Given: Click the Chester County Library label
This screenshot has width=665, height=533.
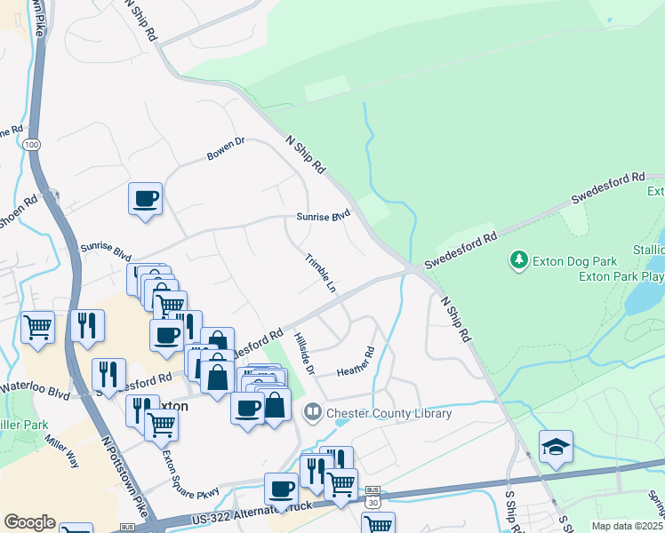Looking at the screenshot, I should point(389,413).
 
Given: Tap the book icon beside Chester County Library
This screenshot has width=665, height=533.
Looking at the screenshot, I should point(312,412).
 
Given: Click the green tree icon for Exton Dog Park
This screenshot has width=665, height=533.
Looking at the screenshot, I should point(518,260).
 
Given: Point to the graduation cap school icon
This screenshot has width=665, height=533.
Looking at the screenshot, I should point(556,447).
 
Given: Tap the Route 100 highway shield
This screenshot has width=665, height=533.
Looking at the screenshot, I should point(32,144).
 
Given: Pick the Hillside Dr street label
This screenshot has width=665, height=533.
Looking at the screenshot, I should point(304,352).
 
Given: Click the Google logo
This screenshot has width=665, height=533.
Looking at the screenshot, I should point(29,522).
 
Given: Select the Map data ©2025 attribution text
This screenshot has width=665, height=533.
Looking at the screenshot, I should point(627,526).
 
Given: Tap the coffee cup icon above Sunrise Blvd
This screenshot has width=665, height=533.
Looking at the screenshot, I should point(145,198).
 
